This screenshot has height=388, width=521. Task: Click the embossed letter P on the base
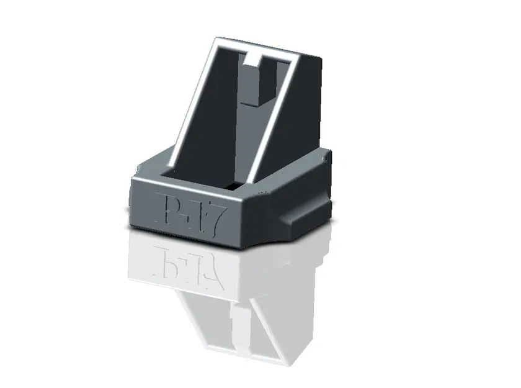click(164, 208)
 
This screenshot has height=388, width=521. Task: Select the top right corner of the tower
click(321, 63)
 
